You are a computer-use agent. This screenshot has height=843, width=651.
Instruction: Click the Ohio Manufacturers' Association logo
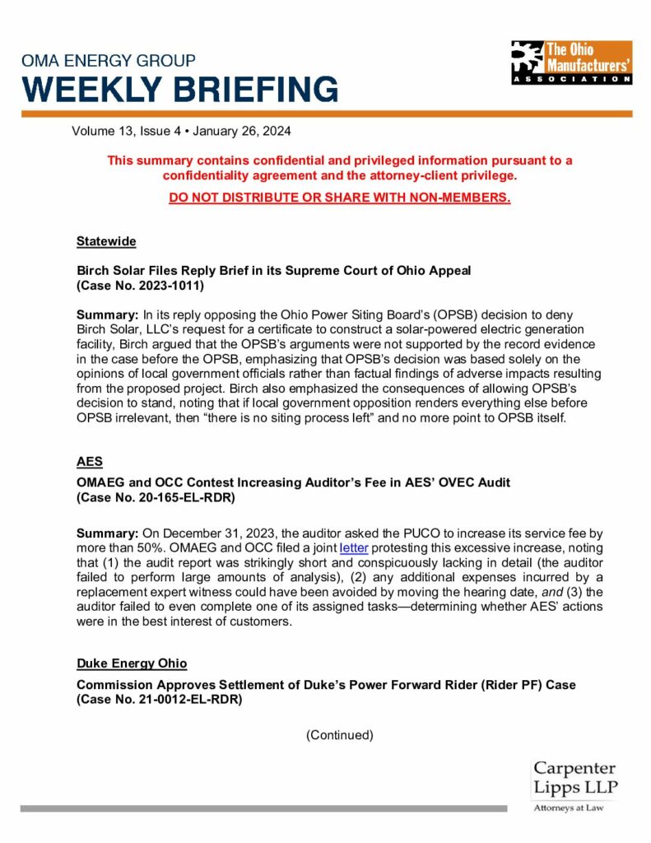571,62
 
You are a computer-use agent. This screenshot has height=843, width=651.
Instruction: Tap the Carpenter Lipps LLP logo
574,779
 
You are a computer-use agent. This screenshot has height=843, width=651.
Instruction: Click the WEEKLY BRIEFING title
179,89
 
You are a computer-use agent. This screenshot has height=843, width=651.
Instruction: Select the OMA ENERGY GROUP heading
109,61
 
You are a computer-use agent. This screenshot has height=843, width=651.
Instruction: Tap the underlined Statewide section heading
106,241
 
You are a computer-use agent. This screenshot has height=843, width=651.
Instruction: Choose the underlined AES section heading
90,463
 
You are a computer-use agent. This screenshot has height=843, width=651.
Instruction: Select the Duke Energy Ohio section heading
132,664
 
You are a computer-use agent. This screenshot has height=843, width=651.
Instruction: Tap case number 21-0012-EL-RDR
184,700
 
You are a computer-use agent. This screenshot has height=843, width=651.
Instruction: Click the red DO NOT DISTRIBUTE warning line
340,198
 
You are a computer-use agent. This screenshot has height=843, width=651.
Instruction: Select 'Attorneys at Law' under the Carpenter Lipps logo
569,808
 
